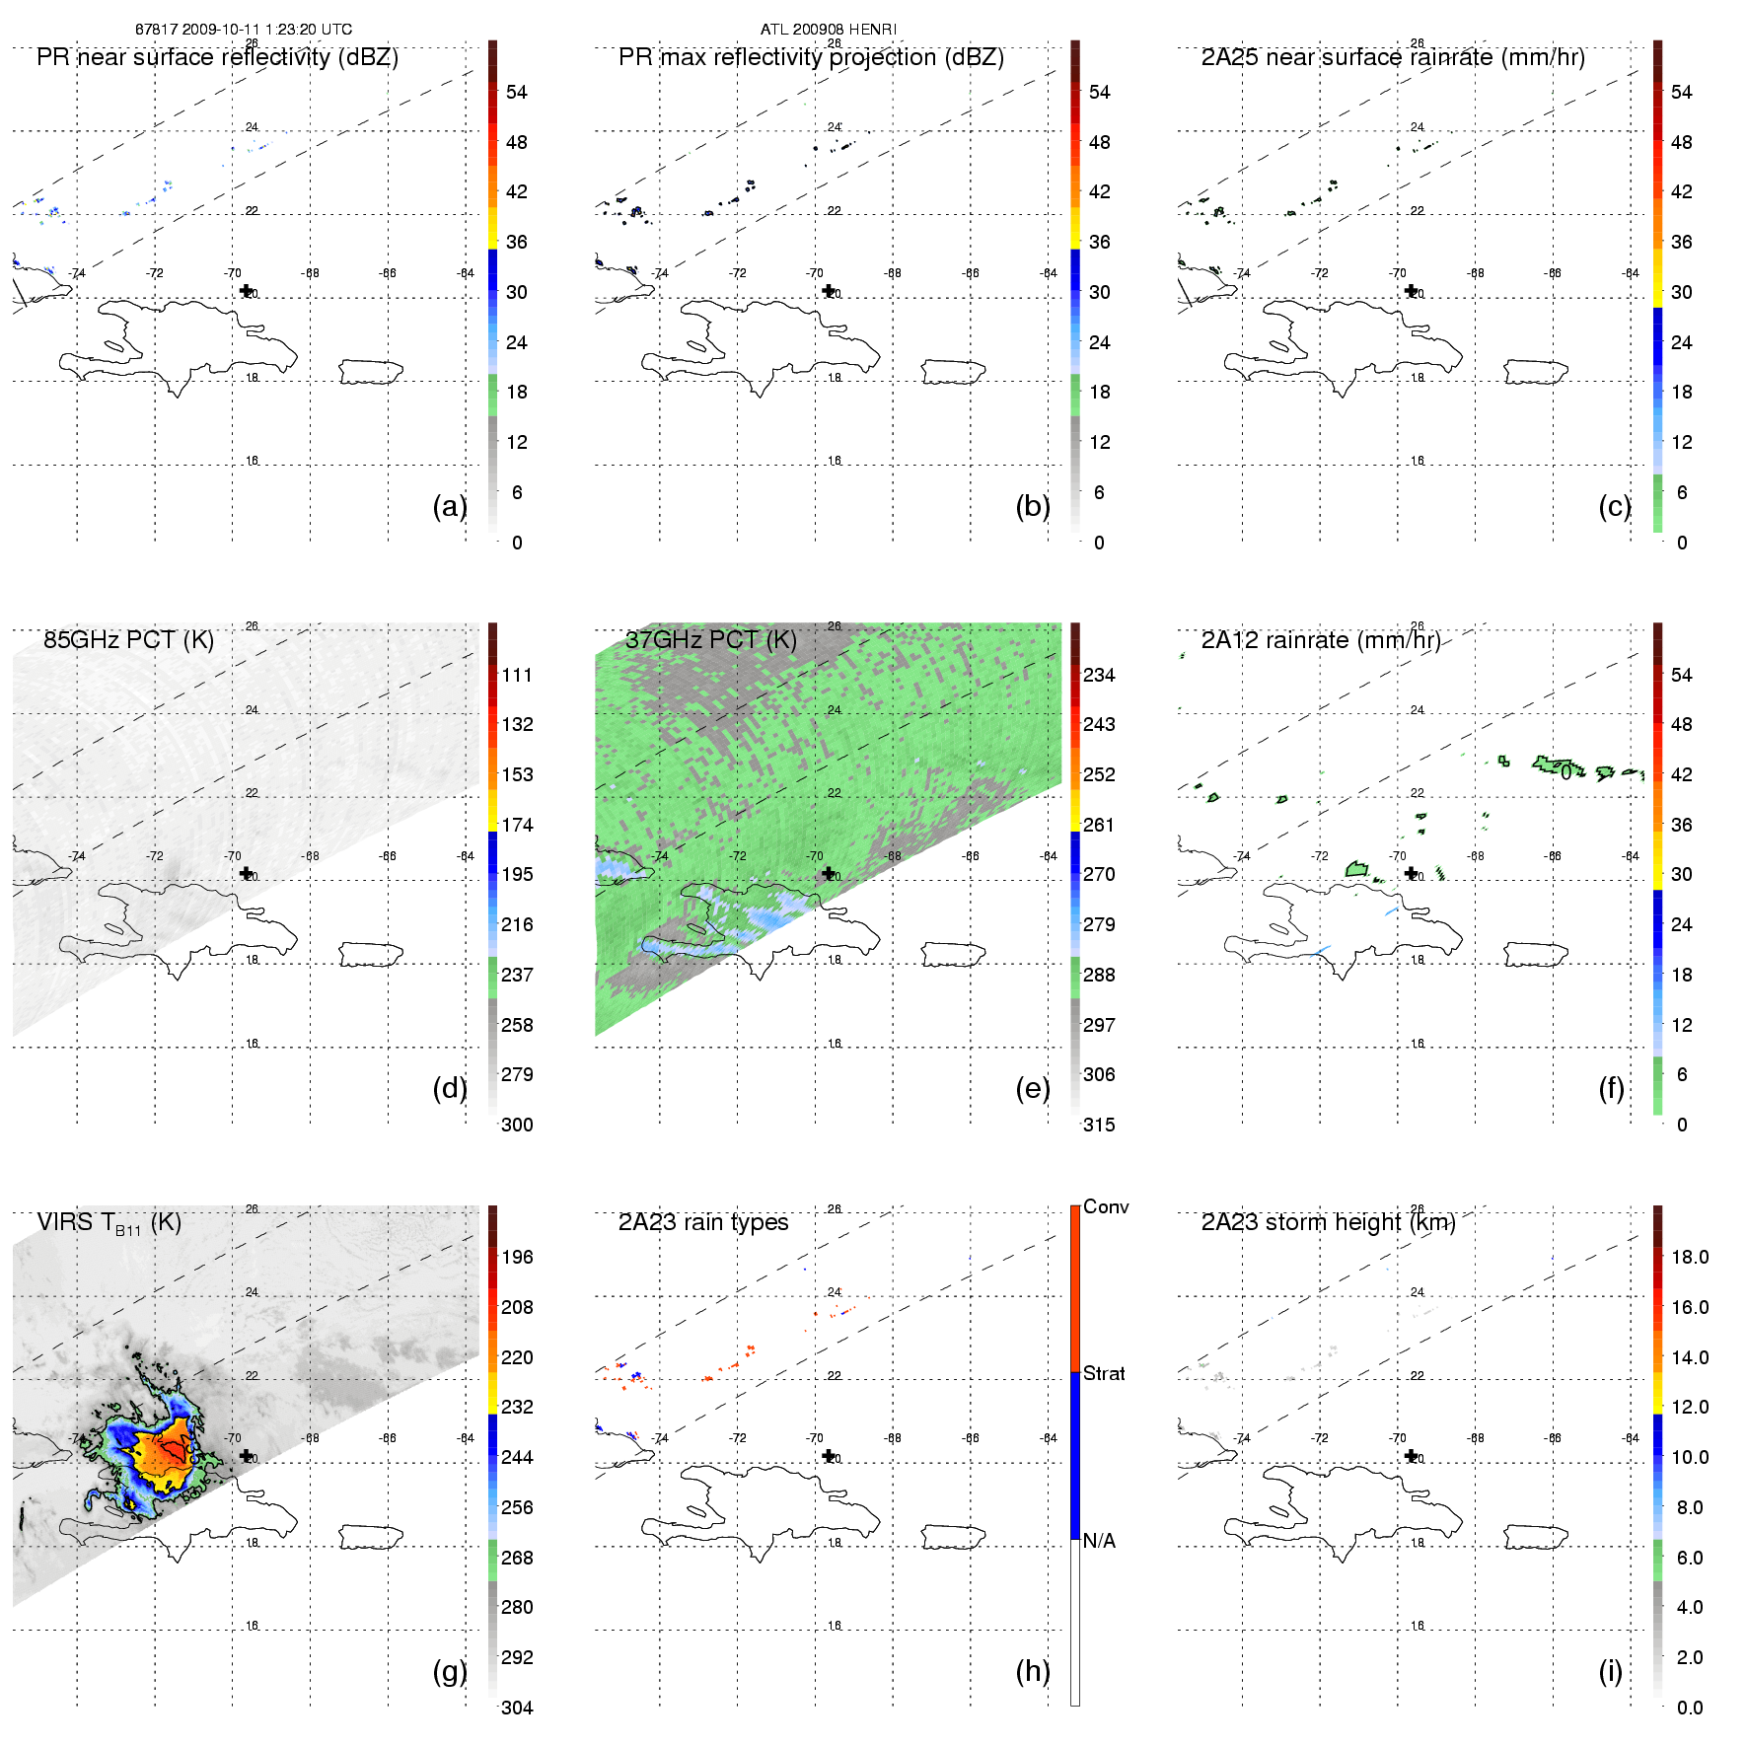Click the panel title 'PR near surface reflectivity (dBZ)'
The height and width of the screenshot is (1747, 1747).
(x=217, y=57)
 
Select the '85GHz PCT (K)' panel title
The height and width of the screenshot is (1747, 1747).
(x=128, y=640)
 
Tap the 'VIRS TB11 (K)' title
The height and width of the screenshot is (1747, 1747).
(x=109, y=1223)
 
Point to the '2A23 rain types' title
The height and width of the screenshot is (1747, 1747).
(x=703, y=1223)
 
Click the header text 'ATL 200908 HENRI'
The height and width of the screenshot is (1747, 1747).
(x=828, y=30)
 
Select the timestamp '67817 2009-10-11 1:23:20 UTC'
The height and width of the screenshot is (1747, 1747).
(x=244, y=30)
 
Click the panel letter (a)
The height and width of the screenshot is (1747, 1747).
(x=450, y=506)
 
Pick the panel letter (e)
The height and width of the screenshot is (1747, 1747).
(x=1033, y=1089)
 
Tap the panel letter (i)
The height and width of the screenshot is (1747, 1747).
(x=1610, y=1671)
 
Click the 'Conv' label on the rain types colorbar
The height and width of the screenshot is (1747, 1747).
(x=1106, y=1207)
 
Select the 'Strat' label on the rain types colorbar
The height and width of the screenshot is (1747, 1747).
(x=1104, y=1374)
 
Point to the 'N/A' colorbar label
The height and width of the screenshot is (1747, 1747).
(x=1099, y=1541)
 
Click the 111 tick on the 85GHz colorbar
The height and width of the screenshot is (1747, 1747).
(x=517, y=676)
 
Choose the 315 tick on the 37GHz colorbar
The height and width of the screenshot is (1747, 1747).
(x=1099, y=1126)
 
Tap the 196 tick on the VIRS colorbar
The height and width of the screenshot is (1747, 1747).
(x=517, y=1258)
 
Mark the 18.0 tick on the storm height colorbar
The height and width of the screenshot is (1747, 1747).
(x=1690, y=1258)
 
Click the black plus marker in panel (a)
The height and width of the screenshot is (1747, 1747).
(x=247, y=290)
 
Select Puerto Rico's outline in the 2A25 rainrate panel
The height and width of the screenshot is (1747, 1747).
(x=1536, y=372)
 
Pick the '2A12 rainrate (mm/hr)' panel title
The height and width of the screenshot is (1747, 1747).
(x=1321, y=640)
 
